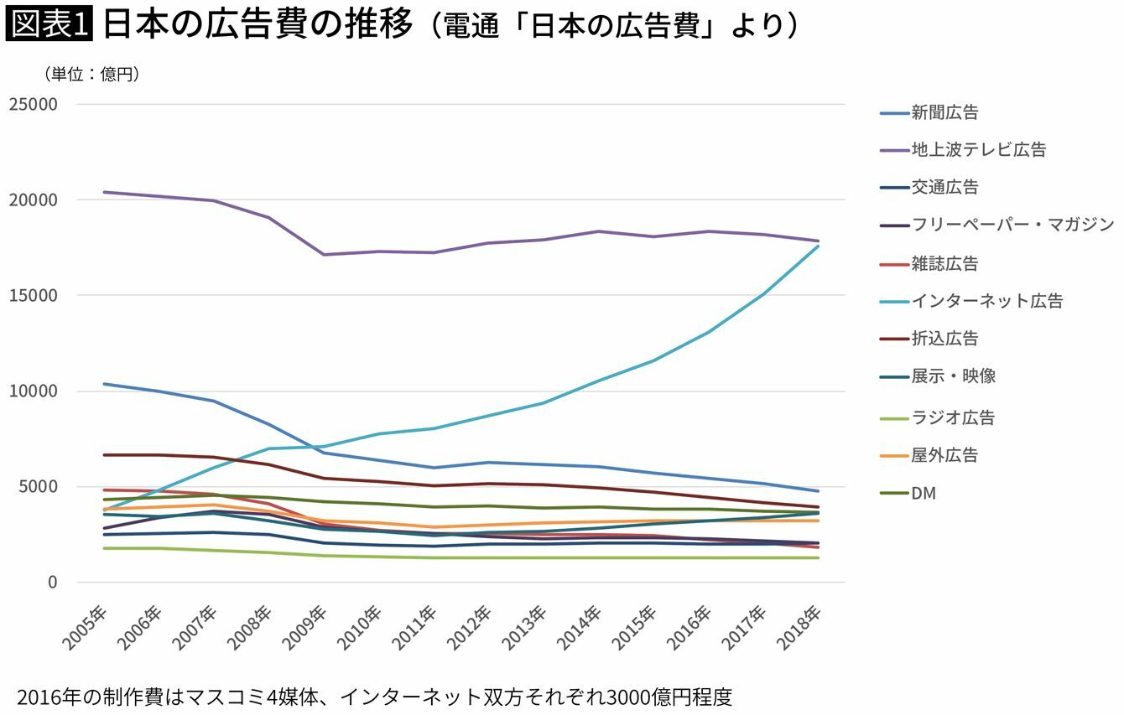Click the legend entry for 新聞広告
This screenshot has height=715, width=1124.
point(944,112)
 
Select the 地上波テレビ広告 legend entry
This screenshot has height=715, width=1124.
point(978,150)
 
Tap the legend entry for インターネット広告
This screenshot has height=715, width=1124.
point(986,301)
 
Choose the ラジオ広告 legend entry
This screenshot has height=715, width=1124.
point(953,417)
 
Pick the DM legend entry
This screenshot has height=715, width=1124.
point(924,493)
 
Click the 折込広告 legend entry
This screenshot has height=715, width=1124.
point(944,339)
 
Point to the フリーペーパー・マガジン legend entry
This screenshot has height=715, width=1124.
point(1012,225)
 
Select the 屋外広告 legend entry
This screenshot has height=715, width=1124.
point(944,455)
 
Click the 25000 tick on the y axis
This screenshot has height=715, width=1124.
point(33,105)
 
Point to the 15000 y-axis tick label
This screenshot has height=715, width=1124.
point(33,296)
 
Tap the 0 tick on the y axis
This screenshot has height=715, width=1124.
point(52,583)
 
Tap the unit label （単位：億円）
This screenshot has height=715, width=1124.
point(91,75)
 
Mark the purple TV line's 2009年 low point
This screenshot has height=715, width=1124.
point(323,255)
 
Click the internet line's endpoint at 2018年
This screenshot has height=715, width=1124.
point(818,246)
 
